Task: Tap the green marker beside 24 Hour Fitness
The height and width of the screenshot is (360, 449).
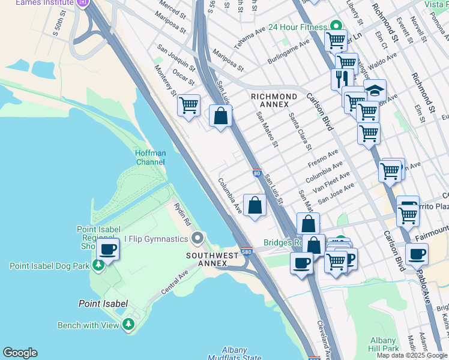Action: click(336, 26)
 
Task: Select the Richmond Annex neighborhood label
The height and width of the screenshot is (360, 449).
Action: click(274, 100)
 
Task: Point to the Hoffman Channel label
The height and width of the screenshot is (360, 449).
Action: click(150, 157)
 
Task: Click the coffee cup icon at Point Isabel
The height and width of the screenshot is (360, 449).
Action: click(108, 248)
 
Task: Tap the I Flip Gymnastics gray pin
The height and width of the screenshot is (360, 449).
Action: click(198, 239)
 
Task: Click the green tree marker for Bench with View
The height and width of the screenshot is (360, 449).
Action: click(128, 325)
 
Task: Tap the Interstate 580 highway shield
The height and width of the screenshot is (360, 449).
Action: click(246, 252)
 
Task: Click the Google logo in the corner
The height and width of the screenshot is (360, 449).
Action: click(20, 353)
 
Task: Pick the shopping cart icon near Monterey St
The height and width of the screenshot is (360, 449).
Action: click(189, 106)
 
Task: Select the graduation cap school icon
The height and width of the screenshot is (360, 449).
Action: click(375, 91)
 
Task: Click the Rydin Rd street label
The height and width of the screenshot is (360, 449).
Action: click(182, 214)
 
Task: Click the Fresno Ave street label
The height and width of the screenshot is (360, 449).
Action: click(324, 159)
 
